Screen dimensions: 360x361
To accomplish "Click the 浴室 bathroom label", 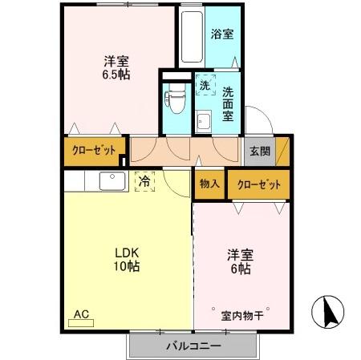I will [222, 34].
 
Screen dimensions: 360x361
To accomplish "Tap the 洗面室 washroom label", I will [229, 104].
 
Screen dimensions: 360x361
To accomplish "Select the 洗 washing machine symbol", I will [205, 85].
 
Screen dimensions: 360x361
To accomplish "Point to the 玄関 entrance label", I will [260, 151].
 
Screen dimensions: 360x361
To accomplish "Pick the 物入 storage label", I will [209, 184].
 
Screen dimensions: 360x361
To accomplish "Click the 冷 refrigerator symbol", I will [144, 183].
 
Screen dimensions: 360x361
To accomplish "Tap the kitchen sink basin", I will [111, 181].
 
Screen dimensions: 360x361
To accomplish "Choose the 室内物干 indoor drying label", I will [242, 315].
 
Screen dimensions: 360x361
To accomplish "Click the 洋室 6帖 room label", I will [240, 262].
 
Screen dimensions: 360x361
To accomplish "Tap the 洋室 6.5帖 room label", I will [117, 67].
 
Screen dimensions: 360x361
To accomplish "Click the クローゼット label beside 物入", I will [258, 184].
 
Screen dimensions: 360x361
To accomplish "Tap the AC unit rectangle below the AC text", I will [81, 322].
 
